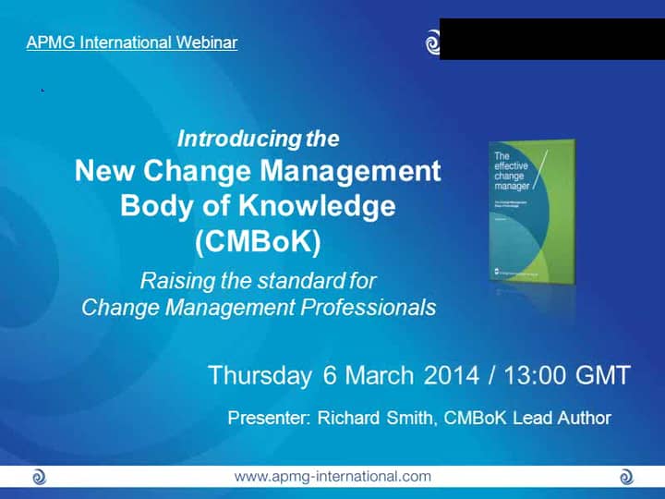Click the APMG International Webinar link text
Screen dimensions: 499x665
(x=132, y=43)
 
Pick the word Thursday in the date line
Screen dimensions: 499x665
(x=260, y=376)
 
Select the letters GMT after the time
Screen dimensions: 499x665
(x=600, y=376)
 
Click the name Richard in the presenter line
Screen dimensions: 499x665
(x=350, y=418)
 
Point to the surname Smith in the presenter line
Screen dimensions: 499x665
(x=411, y=418)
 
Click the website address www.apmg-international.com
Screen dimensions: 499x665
(x=332, y=477)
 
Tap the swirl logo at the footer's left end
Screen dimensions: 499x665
(x=39, y=477)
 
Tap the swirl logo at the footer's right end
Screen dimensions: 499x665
(x=626, y=477)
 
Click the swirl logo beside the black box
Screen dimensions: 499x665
(x=432, y=43)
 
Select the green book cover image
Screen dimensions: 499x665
(x=530, y=211)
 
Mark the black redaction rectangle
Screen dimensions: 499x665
(x=551, y=39)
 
